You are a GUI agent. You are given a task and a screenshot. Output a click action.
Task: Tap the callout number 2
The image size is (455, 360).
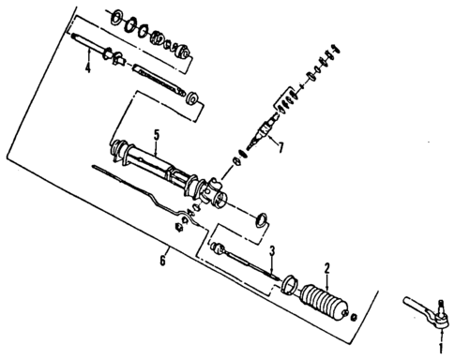[326, 268]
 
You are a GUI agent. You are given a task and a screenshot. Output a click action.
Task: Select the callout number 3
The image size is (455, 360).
[272, 251]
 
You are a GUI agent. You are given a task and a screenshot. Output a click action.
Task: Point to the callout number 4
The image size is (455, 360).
[86, 68]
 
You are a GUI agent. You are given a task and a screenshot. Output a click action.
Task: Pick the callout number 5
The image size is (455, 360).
[158, 135]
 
